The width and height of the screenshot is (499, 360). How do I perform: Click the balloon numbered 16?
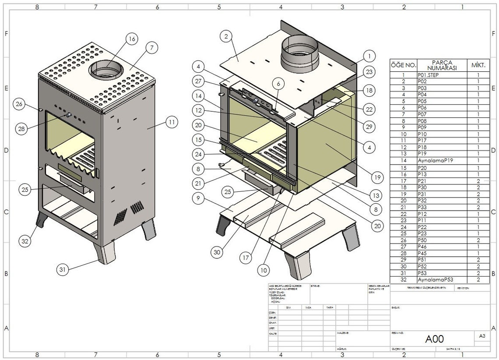131,39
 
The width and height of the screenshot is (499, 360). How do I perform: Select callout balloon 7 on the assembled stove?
151,49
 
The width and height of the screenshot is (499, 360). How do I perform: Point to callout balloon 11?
172,122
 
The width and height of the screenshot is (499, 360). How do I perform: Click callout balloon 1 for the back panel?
369,56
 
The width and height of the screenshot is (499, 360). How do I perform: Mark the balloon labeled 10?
263,271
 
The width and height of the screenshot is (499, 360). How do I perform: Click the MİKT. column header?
478,65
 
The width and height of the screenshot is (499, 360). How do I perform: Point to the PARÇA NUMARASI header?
442,65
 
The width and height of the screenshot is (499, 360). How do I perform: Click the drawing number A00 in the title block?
435,339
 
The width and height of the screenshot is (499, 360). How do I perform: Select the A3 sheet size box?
482,336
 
